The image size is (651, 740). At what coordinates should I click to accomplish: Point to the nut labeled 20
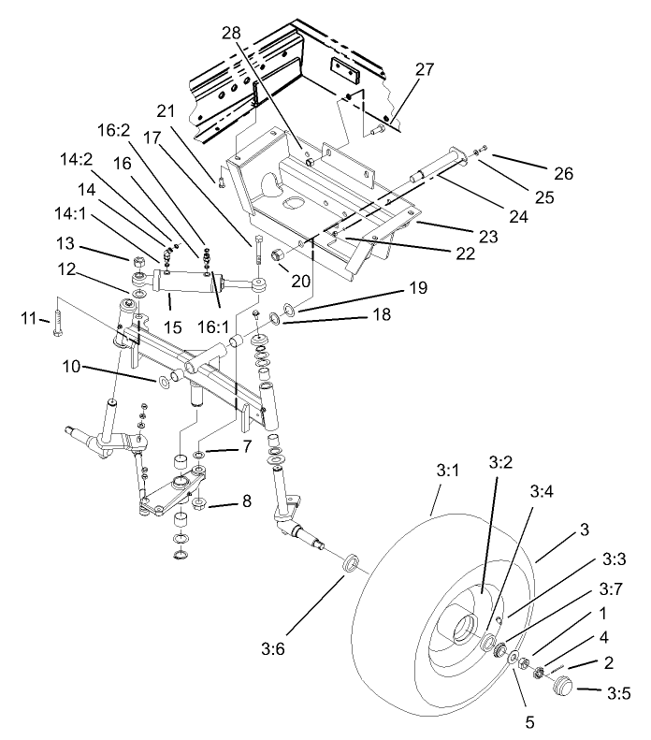pyautogui.click(x=276, y=256)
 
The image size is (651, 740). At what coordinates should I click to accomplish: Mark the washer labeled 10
pyautogui.click(x=165, y=382)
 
